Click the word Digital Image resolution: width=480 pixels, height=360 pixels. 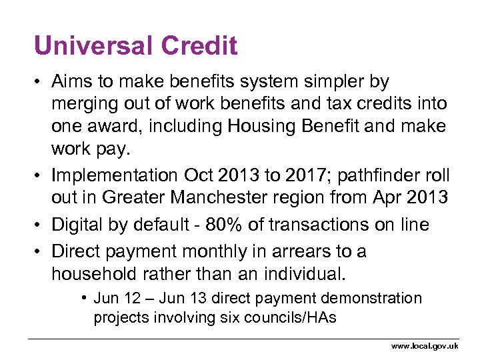click(79, 225)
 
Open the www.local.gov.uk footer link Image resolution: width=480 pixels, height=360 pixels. click(425, 346)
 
